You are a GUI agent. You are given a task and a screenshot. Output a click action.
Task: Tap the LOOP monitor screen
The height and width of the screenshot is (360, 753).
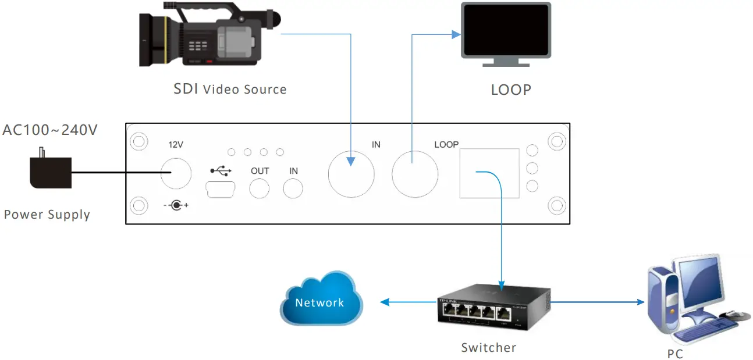(x=506, y=29)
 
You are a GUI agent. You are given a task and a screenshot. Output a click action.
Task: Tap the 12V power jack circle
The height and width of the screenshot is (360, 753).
(x=176, y=173)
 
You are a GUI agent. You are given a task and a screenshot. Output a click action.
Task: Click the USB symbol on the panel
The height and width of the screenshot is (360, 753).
(x=221, y=170)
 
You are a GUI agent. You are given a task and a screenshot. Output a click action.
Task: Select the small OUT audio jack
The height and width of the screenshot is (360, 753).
(x=260, y=189)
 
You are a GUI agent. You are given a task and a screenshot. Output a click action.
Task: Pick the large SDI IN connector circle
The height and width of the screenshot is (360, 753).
(x=351, y=174)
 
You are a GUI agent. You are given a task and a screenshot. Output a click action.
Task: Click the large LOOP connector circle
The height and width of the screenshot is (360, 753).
(x=414, y=174)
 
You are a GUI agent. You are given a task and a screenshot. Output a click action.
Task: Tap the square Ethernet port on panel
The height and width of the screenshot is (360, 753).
(x=489, y=173)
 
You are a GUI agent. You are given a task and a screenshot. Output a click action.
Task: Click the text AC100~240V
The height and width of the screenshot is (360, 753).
(x=49, y=130)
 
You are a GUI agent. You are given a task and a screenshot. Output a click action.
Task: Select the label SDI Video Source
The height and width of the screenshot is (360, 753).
(x=230, y=89)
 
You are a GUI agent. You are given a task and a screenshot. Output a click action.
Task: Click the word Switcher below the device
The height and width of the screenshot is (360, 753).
(x=488, y=348)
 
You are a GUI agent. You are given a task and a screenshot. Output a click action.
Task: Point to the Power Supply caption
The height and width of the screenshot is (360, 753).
(x=47, y=215)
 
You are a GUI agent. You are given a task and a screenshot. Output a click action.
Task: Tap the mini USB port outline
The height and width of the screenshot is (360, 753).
(x=219, y=188)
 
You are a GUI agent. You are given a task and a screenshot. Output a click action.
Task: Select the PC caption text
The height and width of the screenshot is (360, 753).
(x=675, y=354)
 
